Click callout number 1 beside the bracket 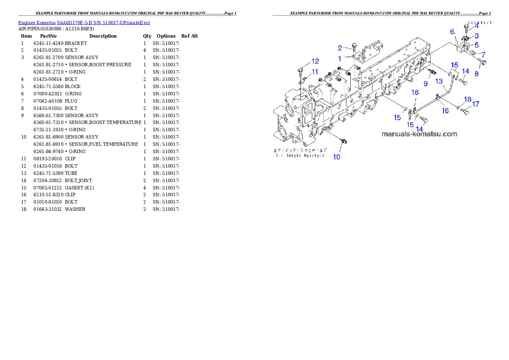click(340, 58)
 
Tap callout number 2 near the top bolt click(340, 48)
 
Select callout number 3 click(476, 35)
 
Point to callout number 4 click(476, 26)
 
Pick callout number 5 click(476, 44)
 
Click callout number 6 click(452, 32)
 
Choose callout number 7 click(483, 54)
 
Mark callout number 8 click(476, 74)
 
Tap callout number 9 click(426, 84)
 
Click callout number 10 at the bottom click(337, 157)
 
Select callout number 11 click(314, 71)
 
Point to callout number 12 click(315, 61)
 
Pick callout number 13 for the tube click(439, 81)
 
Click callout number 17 click(476, 104)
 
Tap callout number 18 click(468, 99)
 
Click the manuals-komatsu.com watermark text click(419, 134)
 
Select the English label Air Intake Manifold click(300, 156)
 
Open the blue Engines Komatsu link click(84, 23)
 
